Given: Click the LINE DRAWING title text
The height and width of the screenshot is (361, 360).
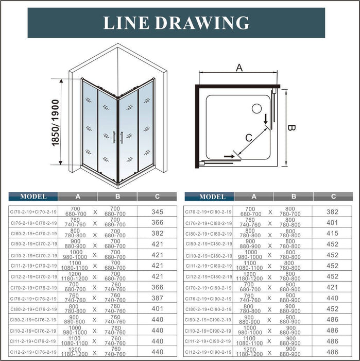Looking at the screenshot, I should [177, 23].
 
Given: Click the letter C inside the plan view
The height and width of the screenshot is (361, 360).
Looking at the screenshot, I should [249, 138].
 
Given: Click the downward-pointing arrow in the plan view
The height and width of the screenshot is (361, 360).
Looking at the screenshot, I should [266, 119].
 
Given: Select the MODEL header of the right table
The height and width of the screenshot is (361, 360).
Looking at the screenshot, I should [212, 196].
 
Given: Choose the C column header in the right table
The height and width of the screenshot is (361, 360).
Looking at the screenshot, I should [333, 196].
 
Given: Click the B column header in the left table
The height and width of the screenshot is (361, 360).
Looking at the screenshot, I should [117, 196].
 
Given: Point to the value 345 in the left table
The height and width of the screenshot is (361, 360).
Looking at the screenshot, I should [157, 211].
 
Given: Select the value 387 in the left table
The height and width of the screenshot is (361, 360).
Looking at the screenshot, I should [157, 298].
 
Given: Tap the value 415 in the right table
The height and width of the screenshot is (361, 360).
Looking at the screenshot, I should [333, 234].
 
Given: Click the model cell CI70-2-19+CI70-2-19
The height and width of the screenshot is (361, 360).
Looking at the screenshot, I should [33, 211].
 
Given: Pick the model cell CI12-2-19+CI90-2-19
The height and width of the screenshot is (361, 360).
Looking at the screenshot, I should [211, 353].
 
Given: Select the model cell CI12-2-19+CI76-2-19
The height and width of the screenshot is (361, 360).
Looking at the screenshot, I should [33, 353].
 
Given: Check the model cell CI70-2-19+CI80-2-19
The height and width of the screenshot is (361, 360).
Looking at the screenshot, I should [211, 211].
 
